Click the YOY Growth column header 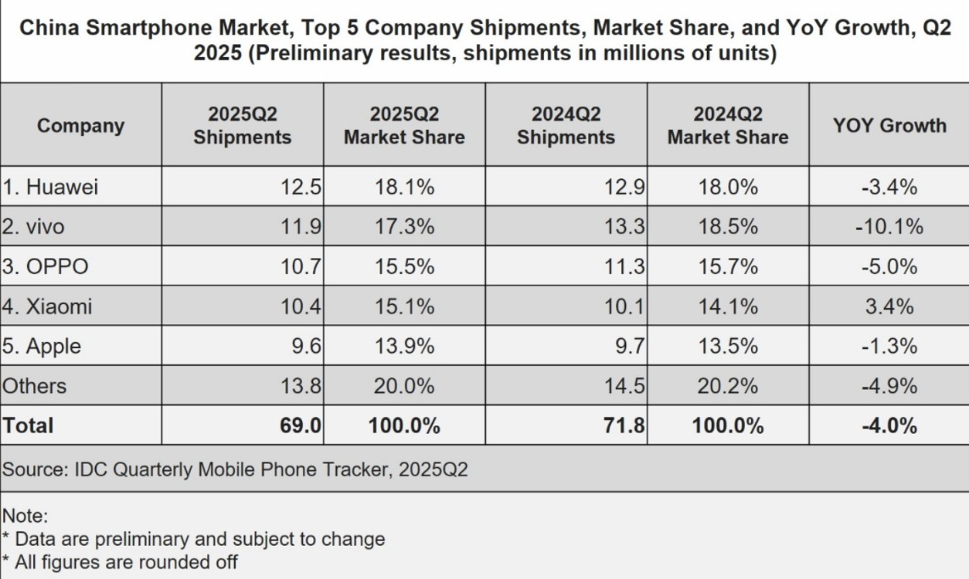[889, 126]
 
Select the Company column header [81, 126]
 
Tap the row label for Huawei [50, 187]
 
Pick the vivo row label [33, 227]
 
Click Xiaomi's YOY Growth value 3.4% [889, 306]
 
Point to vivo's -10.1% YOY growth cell [889, 227]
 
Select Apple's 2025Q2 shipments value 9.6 [306, 346]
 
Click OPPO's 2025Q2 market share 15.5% [405, 267]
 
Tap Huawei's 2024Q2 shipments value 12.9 [625, 187]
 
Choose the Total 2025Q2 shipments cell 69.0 [300, 425]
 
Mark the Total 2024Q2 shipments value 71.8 [625, 425]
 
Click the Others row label [34, 386]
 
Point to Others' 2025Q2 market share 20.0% [405, 386]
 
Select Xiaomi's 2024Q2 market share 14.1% [728, 306]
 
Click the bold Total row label [28, 425]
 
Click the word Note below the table [24, 516]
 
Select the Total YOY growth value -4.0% [889, 425]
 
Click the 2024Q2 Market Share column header [728, 126]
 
